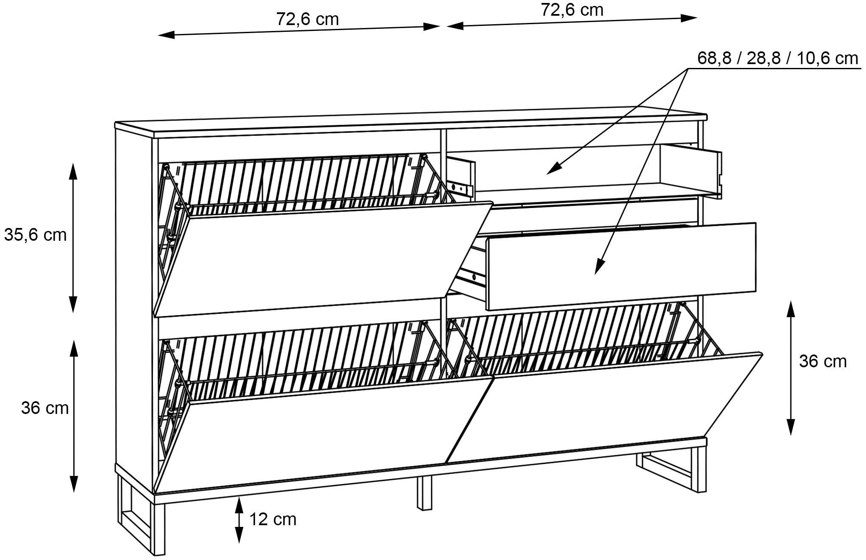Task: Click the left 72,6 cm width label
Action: coord(307,20)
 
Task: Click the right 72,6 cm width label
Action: coord(572,10)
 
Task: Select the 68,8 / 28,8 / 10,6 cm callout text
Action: coord(777,59)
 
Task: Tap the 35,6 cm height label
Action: coord(35,235)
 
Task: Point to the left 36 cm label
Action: coord(45,408)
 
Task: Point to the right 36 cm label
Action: coord(822,361)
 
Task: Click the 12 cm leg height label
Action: coord(273,519)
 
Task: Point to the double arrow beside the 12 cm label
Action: coord(239,520)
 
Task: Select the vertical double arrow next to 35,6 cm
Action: coord(73,238)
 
